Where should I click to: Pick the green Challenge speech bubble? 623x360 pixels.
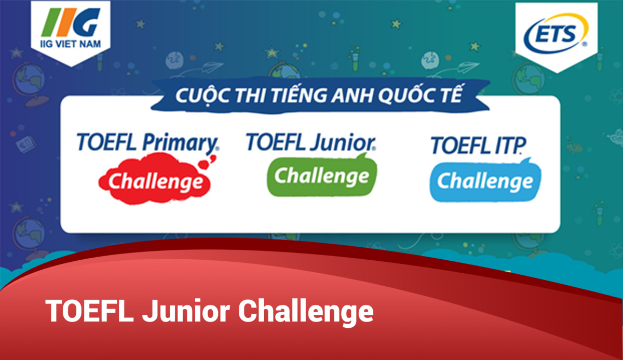[x=322, y=177]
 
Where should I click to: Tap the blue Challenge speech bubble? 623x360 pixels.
[x=485, y=181]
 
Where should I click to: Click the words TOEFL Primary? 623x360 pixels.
[x=147, y=142]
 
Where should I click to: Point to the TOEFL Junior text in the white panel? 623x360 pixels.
[x=310, y=141]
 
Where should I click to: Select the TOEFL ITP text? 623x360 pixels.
[x=478, y=146]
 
